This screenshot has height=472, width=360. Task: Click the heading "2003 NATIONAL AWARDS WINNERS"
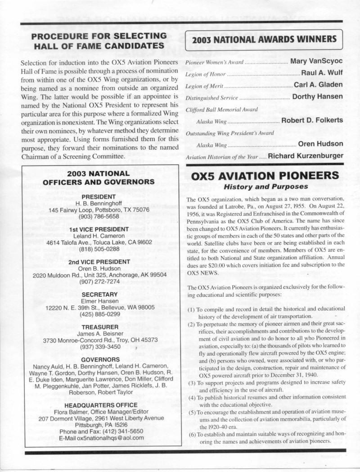pyautogui.click(x=264, y=40)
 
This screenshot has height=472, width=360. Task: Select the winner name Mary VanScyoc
pyautogui.click(x=317, y=61)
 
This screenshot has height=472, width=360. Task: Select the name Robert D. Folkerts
pyautogui.click(x=312, y=120)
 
